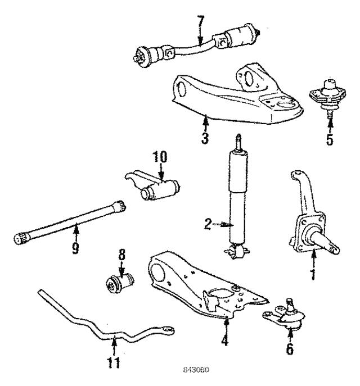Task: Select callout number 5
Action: coord(329,139)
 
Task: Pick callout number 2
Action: coord(208,224)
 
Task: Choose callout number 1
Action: coord(313,275)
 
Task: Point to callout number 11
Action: coord(114,360)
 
